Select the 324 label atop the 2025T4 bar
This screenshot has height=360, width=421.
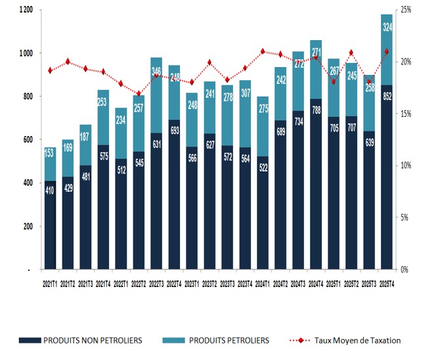[388, 27]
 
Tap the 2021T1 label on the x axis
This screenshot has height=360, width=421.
[50, 283]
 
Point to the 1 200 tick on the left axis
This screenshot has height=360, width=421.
[26, 10]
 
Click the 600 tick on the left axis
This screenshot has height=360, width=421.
[28, 140]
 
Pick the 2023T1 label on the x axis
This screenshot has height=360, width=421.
[191, 283]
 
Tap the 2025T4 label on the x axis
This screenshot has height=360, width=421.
[388, 283]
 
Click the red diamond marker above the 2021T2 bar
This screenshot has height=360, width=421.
[68, 62]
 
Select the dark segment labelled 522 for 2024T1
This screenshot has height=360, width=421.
[262, 213]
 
